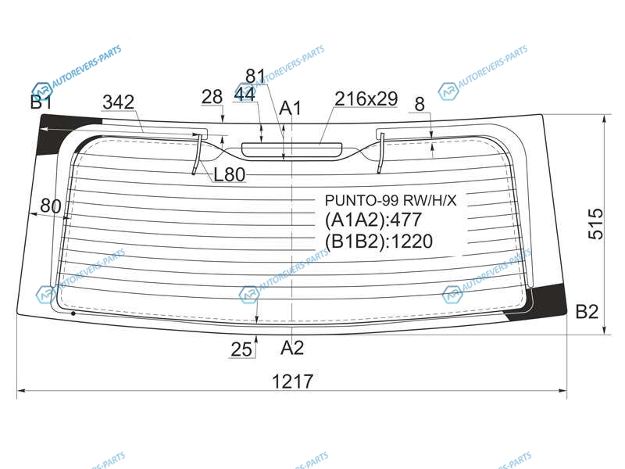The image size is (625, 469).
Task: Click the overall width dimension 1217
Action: (x=292, y=381)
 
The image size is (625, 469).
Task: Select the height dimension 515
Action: (x=596, y=224)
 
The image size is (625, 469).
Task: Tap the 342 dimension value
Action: (x=119, y=102)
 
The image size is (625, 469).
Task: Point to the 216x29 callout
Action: (x=366, y=98)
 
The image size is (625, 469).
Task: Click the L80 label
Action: (x=229, y=174)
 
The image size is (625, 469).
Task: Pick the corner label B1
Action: (x=41, y=102)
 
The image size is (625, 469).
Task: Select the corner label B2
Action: (x=587, y=311)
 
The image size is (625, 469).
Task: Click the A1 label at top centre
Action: (x=291, y=108)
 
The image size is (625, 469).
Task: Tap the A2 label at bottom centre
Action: (x=291, y=348)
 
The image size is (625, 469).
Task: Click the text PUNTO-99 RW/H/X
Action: (x=391, y=200)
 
